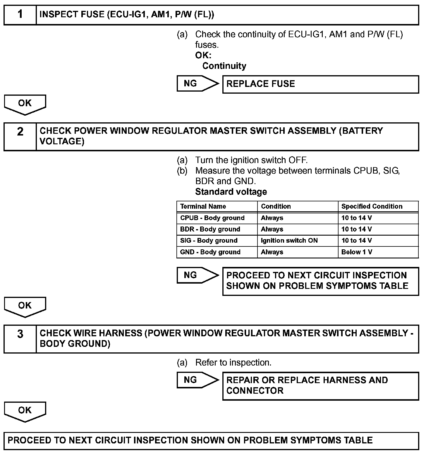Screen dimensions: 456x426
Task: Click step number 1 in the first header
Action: (x=20, y=15)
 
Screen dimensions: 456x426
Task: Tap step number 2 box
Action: (x=20, y=137)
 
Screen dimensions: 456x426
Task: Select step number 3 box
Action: (x=20, y=339)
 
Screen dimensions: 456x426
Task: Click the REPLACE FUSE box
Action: (x=320, y=84)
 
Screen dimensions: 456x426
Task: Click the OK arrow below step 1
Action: (x=25, y=104)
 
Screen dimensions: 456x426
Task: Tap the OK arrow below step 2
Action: (x=25, y=307)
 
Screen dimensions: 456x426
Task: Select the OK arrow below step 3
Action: (x=25, y=411)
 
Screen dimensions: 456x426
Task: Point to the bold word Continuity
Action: (x=224, y=66)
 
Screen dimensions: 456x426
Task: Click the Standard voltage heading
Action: (x=231, y=192)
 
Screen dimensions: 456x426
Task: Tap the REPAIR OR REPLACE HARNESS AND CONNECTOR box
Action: (x=320, y=386)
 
